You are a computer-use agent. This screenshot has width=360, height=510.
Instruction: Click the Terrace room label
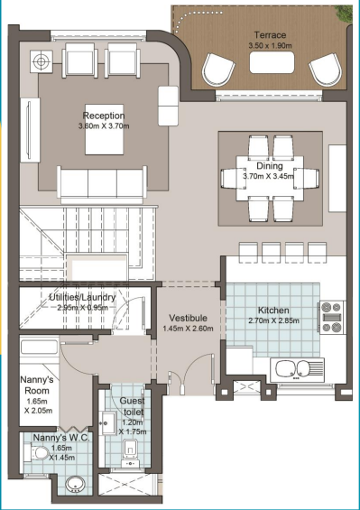(x=270, y=35)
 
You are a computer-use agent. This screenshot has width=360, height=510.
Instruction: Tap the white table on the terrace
(x=272, y=62)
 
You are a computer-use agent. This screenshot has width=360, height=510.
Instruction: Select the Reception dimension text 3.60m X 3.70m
(x=104, y=125)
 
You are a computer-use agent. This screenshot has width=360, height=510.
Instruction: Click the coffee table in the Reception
(x=105, y=129)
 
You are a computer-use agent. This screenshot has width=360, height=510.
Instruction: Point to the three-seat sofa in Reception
(x=102, y=181)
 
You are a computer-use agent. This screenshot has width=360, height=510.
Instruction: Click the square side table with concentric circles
(x=42, y=61)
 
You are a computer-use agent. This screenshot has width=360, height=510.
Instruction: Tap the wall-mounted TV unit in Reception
(x=30, y=130)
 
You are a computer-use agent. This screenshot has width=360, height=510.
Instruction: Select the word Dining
(x=270, y=166)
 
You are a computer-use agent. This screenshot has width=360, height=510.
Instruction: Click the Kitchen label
(x=273, y=310)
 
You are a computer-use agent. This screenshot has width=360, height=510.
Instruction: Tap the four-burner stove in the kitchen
(x=331, y=318)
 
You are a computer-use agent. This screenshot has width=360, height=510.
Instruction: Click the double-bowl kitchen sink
(x=297, y=369)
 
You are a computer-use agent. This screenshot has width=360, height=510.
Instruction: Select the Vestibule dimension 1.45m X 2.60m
(x=188, y=329)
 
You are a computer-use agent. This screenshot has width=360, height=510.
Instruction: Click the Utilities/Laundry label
(x=82, y=297)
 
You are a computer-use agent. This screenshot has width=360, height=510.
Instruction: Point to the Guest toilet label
(x=133, y=406)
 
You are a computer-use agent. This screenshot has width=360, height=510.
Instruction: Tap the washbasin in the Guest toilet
(x=107, y=422)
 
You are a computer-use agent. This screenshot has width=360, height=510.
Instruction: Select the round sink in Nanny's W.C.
(x=75, y=485)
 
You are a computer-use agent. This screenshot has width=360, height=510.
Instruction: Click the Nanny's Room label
(x=35, y=385)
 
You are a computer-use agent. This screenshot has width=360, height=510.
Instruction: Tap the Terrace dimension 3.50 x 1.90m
(x=270, y=45)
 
